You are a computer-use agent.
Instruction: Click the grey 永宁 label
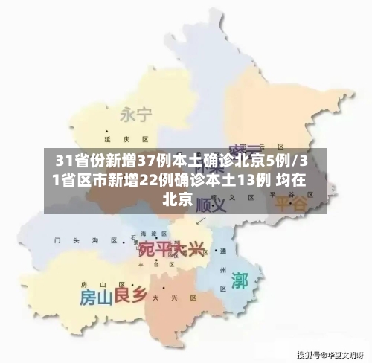pyautogui.click(x=135, y=115)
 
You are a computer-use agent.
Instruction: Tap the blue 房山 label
pyautogui.click(x=96, y=298)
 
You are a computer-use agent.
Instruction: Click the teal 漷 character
pyautogui.click(x=240, y=280)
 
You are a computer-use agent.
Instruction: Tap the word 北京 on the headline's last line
pyautogui.click(x=177, y=199)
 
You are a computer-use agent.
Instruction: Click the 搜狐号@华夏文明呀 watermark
pyautogui.click(x=330, y=354)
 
